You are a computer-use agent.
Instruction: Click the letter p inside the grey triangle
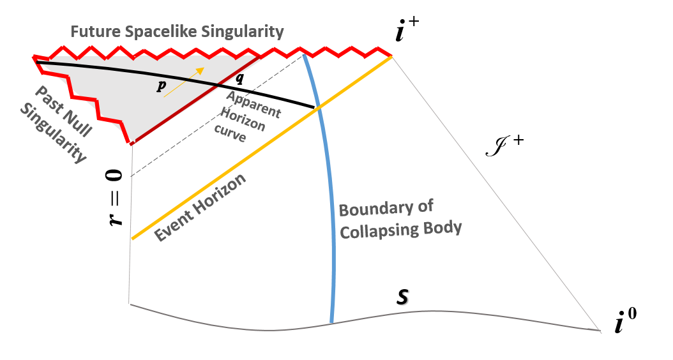pyautogui.click(x=160, y=87)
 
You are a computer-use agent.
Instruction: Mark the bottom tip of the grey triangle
pyautogui.click(x=132, y=144)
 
